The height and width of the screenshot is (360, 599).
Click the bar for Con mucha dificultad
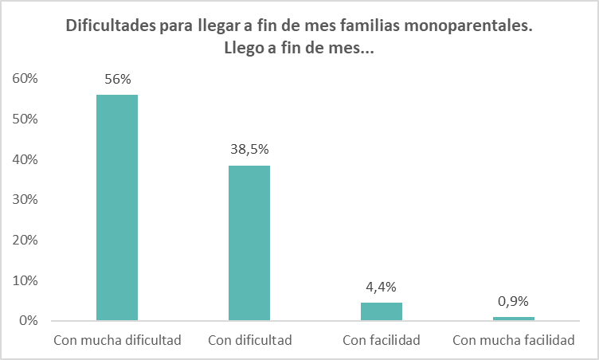[x=117, y=207]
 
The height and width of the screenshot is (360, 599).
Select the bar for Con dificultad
[x=249, y=243]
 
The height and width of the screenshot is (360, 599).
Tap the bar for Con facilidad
[x=382, y=311]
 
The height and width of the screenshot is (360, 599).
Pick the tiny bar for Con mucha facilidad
[x=514, y=319]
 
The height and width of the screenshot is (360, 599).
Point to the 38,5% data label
[x=249, y=149]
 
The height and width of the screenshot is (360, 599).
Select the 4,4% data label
[x=382, y=287]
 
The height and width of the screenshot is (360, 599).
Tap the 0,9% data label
[x=514, y=301]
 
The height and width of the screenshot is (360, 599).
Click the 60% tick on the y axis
[x=25, y=79]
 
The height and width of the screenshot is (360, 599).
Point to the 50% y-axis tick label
[x=25, y=119]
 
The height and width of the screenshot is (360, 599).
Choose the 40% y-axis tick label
[x=25, y=159]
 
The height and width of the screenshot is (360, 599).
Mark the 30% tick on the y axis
[x=25, y=200]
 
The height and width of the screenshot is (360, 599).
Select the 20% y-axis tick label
[x=25, y=241]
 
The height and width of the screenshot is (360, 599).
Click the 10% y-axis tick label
[x=25, y=280]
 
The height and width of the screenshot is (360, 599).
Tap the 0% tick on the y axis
[x=29, y=321]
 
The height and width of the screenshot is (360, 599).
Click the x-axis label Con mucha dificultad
[x=117, y=340]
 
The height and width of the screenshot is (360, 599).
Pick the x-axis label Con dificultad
[x=249, y=340]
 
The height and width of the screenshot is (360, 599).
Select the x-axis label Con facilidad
[x=382, y=340]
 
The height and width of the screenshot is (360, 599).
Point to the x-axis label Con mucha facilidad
[x=514, y=340]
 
